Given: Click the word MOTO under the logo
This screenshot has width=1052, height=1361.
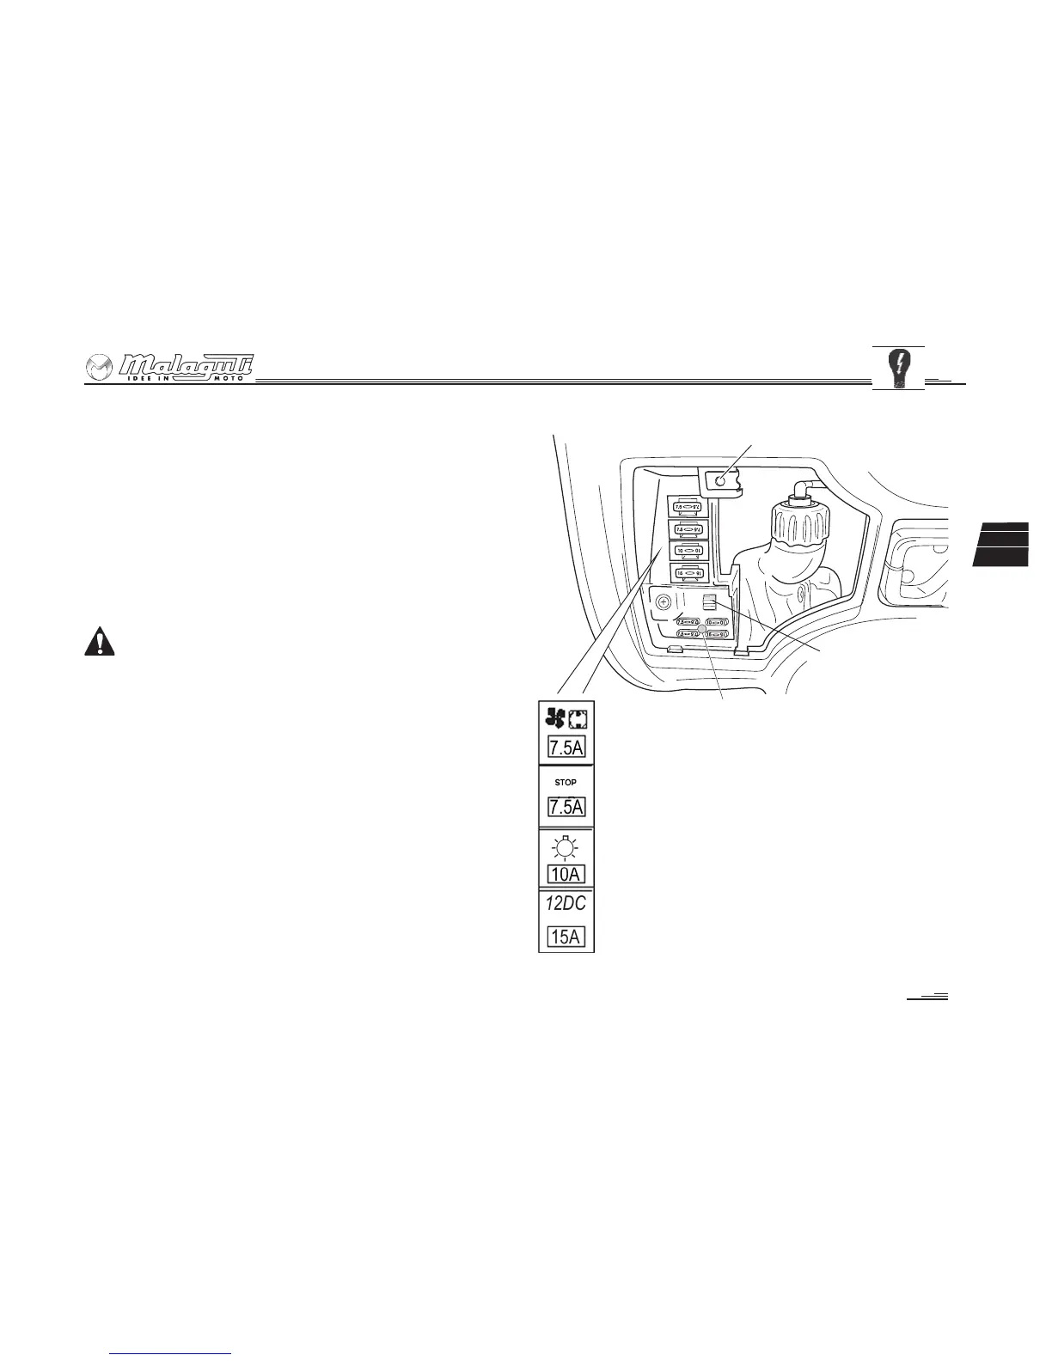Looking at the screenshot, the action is [x=229, y=379].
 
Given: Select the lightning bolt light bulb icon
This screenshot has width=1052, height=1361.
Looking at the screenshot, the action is [x=898, y=369].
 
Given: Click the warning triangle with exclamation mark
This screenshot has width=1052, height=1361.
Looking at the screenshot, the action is [x=100, y=643].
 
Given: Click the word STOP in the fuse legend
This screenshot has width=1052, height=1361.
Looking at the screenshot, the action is [x=566, y=783].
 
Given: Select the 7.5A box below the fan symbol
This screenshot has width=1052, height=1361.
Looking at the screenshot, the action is [x=566, y=748].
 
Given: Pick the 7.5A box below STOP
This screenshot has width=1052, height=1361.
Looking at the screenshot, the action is [x=566, y=808].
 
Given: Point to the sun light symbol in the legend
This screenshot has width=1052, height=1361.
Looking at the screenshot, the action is [x=566, y=849].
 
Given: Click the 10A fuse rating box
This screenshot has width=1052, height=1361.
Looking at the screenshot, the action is [x=566, y=875].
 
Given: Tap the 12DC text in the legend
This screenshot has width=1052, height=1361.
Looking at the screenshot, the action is [x=566, y=904].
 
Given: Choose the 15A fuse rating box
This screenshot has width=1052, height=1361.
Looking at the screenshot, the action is [x=566, y=937].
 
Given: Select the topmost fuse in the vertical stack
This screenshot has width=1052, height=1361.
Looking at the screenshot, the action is [x=688, y=508].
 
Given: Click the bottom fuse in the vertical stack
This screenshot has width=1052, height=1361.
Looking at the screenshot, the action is [x=688, y=571].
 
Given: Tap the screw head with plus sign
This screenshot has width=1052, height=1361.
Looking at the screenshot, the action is [x=664, y=603].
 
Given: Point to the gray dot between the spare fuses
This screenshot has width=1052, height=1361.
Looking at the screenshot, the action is [x=702, y=629].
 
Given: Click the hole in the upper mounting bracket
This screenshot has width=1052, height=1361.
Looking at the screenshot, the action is [x=720, y=482].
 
